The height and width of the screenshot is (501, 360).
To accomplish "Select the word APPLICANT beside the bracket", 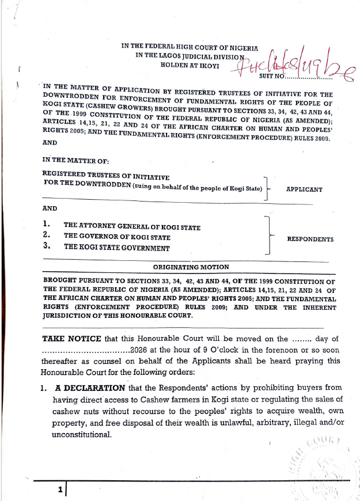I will [304, 189].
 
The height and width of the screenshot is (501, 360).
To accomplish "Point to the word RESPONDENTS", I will [310, 239].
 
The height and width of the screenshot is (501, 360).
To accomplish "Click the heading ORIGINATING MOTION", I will [191, 267].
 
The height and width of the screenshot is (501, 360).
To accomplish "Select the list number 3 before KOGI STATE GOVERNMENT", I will [47, 247].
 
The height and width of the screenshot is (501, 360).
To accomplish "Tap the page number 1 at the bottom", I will [59, 490].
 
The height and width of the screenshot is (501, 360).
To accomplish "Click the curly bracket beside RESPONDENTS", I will [268, 236].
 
